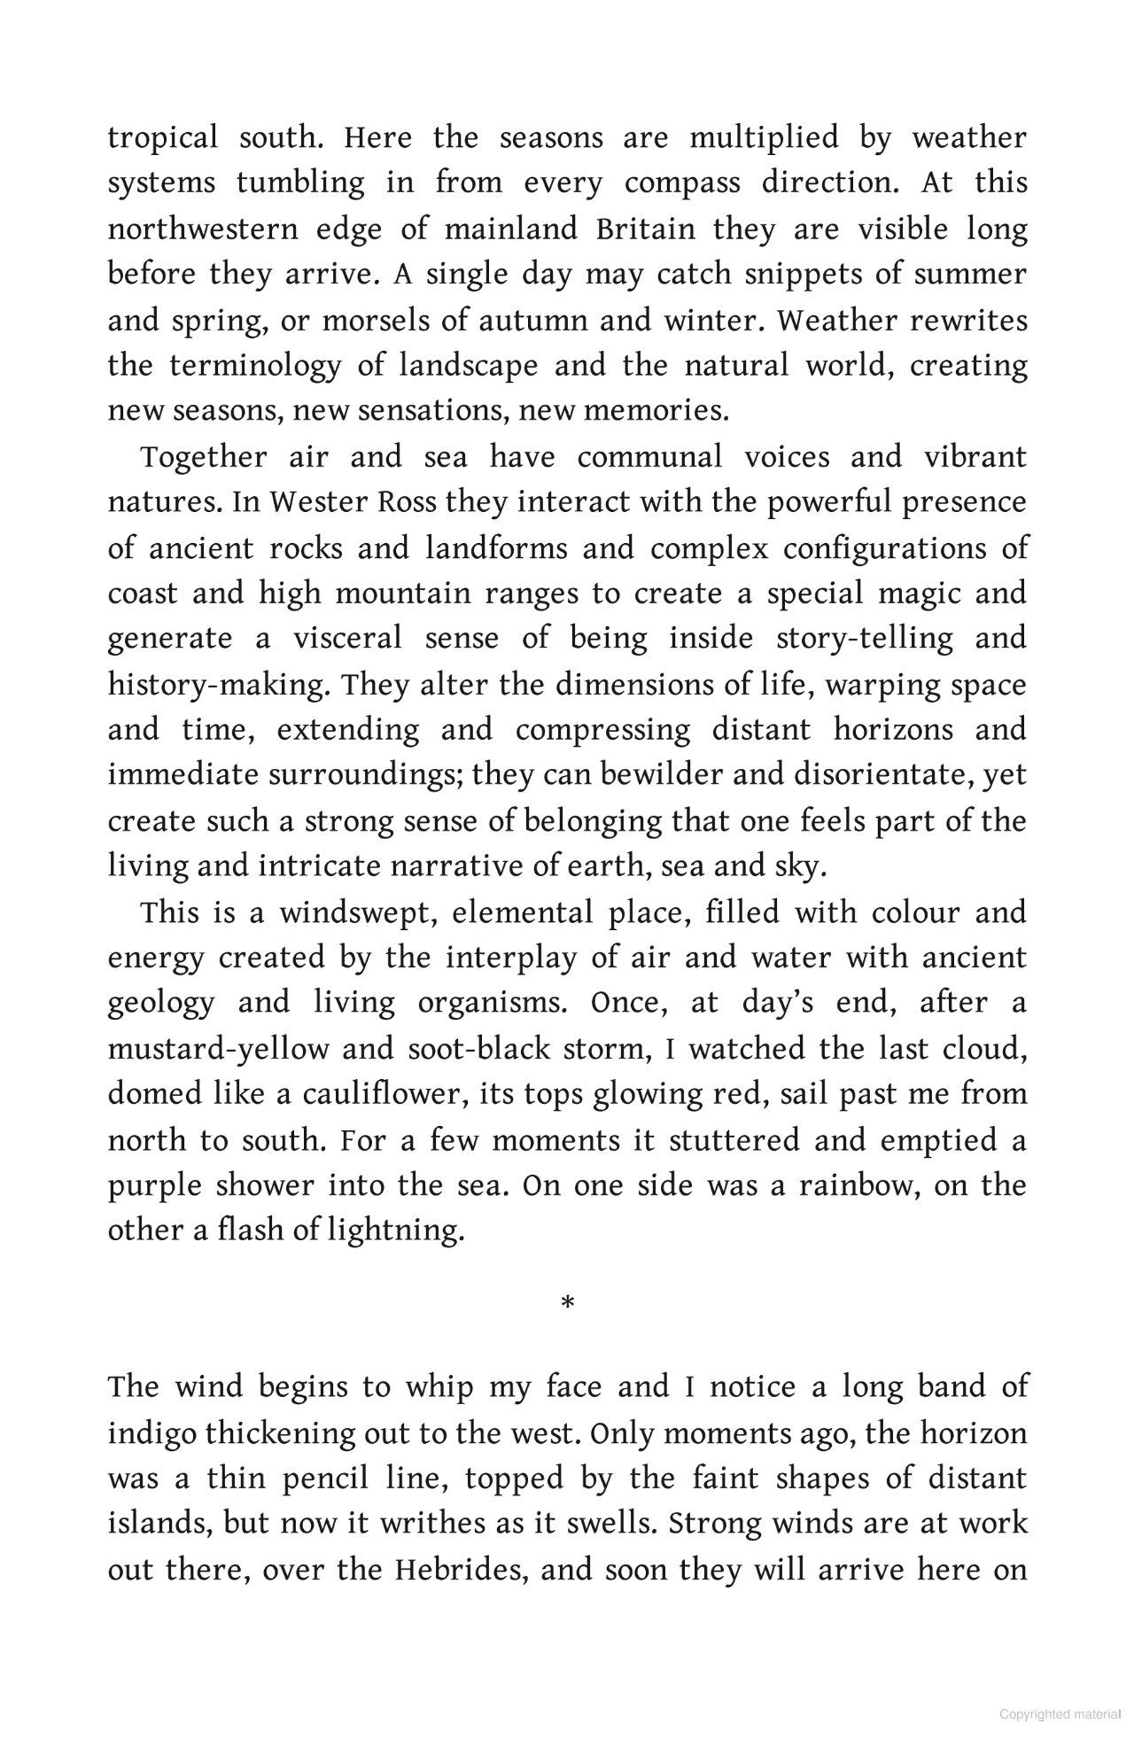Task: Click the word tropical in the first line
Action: pos(162,138)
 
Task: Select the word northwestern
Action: pos(203,229)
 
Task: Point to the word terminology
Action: pos(255,366)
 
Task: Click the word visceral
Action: pos(348,639)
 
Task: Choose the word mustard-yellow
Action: pos(217,1049)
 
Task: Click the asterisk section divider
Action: pos(568,1303)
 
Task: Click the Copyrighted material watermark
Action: pos(1060,1714)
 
